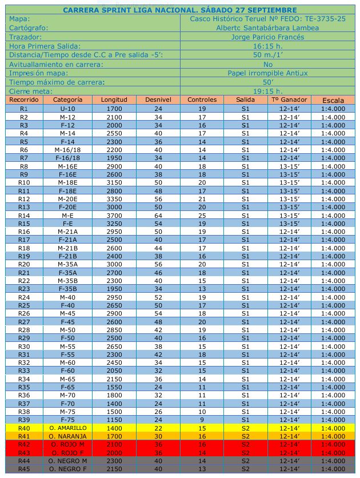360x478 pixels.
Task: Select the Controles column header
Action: (202, 100)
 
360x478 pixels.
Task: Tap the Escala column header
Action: (333, 100)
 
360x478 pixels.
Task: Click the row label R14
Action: (24, 216)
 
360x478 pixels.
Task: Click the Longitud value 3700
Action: (114, 216)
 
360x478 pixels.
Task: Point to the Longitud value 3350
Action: (114, 199)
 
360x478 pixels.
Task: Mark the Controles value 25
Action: (202, 216)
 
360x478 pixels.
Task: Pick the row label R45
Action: (24, 469)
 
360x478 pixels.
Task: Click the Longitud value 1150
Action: (114, 420)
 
